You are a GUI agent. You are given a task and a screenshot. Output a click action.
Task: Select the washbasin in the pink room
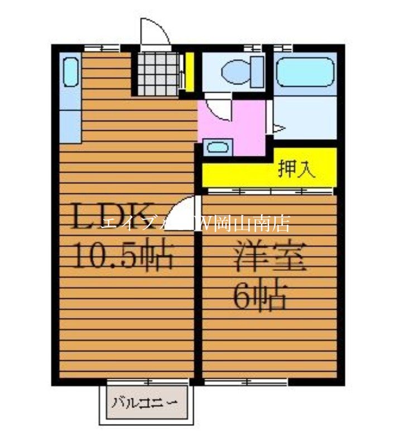tap(215, 148)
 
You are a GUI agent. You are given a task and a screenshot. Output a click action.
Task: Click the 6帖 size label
tap(259, 297)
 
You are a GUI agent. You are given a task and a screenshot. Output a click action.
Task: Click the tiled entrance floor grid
tap(158, 73)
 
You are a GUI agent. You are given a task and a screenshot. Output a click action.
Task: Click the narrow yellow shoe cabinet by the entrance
tap(189, 72)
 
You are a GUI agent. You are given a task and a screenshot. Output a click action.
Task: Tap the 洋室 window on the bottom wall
tap(245, 382)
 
